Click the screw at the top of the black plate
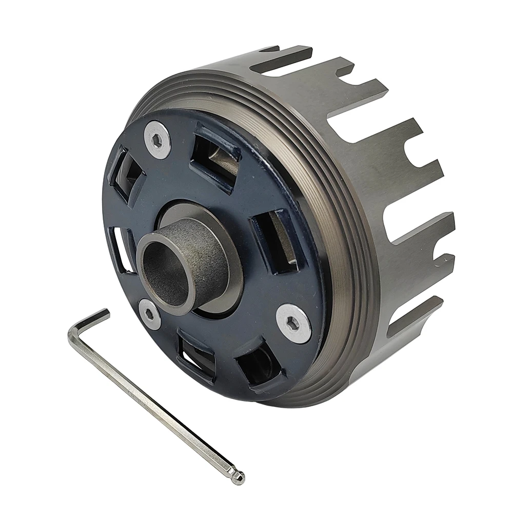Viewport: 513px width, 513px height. coord(156,139)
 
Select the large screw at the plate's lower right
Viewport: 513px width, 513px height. coord(293,323)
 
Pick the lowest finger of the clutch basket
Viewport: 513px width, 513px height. coord(410,323)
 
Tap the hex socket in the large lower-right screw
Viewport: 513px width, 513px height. coord(293,323)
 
